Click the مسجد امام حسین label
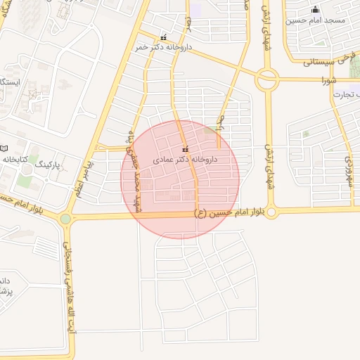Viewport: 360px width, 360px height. tap(315, 20)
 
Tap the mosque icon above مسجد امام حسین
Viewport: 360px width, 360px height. tap(315, 9)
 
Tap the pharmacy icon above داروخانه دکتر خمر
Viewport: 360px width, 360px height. tap(163, 38)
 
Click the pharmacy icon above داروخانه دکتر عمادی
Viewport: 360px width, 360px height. tap(186, 149)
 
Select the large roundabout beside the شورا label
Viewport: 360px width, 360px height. tap(266, 79)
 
